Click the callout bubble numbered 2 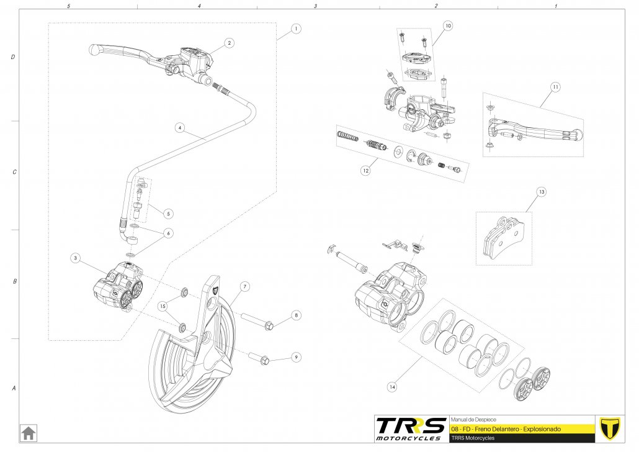click(229, 43)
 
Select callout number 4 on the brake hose click(179, 128)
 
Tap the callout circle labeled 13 click(542, 192)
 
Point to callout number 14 click(392, 387)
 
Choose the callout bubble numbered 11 click(555, 86)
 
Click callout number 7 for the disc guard click(244, 286)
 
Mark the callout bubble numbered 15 click(163, 306)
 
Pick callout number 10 click(448, 26)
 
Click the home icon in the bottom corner click(28, 432)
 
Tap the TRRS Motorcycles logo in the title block click(411, 428)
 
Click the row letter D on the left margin click(13, 57)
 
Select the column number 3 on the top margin click(316, 6)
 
